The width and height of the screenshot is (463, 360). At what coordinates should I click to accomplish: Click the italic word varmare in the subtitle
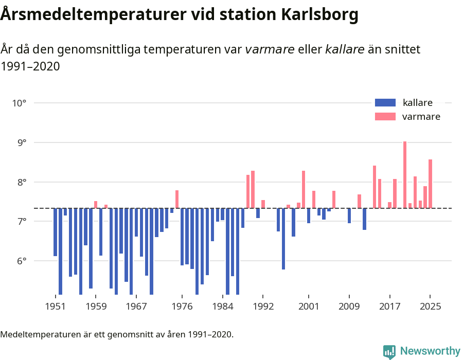[x=270, y=49]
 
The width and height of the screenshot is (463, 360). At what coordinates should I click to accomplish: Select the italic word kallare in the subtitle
[x=345, y=49]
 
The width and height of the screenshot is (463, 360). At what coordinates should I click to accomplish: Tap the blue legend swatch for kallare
[x=385, y=102]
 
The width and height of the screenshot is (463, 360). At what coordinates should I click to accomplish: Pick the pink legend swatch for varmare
[x=385, y=117]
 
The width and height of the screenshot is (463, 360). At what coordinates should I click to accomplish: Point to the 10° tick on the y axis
[x=19, y=103]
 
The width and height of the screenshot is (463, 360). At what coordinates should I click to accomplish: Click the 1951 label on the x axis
[x=55, y=307]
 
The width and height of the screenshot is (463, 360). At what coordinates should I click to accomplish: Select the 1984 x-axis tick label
[x=222, y=307]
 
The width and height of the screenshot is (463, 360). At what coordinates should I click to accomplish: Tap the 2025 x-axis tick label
[x=430, y=307]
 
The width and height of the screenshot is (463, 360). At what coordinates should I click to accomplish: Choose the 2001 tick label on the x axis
[x=309, y=307]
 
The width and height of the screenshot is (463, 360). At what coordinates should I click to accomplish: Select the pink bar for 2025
[x=430, y=184]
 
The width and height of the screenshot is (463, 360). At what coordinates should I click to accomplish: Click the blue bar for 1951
[x=55, y=232]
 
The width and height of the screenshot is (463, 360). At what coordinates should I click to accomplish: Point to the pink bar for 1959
[x=96, y=205]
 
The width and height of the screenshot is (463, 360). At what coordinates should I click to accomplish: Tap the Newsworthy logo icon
[x=389, y=351]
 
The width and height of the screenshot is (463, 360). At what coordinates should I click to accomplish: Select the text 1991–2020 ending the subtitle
[x=30, y=66]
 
